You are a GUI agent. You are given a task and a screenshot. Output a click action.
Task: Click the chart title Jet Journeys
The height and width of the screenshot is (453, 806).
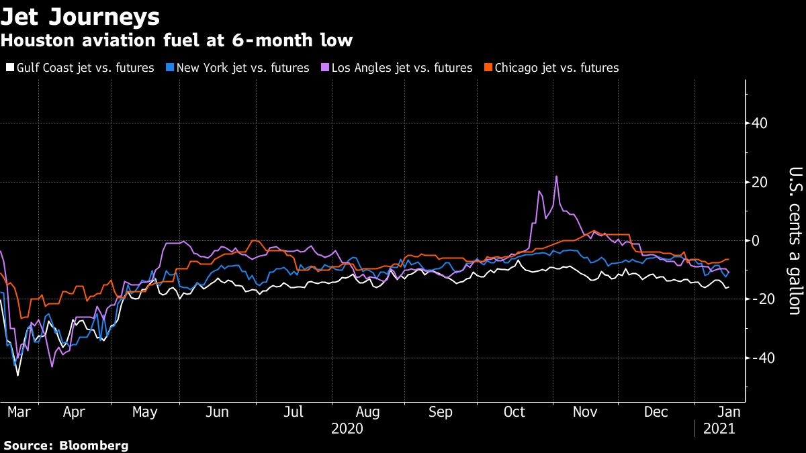pyautogui.click(x=81, y=16)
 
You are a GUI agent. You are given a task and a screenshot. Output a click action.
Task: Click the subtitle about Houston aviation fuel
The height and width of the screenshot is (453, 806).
pyautogui.click(x=177, y=41)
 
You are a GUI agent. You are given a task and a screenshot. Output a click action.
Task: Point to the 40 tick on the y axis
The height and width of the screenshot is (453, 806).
pyautogui.click(x=760, y=123)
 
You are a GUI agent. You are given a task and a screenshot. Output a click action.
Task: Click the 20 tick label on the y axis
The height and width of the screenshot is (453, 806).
pyautogui.click(x=760, y=182)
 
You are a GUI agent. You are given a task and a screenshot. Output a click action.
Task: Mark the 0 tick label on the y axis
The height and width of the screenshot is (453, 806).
pyautogui.click(x=756, y=240)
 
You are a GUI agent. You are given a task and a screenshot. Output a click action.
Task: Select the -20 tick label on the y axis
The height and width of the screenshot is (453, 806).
pyautogui.click(x=762, y=299)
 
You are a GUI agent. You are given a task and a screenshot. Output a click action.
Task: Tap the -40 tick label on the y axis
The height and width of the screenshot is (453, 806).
pyautogui.click(x=762, y=358)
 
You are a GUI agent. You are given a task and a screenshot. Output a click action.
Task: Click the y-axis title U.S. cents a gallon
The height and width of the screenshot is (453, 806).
pyautogui.click(x=793, y=240)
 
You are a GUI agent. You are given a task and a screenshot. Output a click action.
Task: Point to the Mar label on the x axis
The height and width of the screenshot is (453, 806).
pyautogui.click(x=19, y=411)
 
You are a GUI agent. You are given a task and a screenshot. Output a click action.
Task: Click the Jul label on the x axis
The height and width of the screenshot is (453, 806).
pyautogui.click(x=294, y=411)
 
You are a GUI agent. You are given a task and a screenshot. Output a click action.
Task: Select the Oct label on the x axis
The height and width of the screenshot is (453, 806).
pyautogui.click(x=514, y=411)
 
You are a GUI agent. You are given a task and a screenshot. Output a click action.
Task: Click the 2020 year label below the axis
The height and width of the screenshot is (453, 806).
pyautogui.click(x=347, y=428)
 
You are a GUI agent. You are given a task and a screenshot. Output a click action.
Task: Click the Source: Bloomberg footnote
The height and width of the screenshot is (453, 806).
pyautogui.click(x=65, y=446)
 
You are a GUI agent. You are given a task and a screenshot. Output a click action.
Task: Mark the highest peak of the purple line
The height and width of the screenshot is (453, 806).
pyautogui.click(x=556, y=177)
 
